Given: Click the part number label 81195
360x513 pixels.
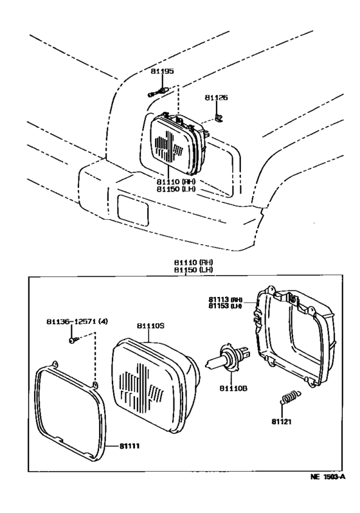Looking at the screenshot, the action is [x=162, y=71].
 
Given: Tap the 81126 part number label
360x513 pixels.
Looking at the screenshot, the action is [x=217, y=98].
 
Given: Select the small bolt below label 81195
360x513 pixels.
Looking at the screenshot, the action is [x=157, y=93].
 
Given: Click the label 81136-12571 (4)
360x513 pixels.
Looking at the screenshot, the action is [x=77, y=321].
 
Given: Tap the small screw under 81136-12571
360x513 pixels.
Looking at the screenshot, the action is [x=73, y=341].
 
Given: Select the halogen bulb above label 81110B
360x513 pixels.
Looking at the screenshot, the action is [x=228, y=357].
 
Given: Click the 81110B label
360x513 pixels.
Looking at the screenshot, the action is [x=233, y=388].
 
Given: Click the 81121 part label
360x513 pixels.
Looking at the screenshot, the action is [x=281, y=422].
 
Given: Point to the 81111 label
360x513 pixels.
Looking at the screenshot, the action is [x=129, y=446].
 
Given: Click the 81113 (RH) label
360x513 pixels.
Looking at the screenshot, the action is [x=225, y=300].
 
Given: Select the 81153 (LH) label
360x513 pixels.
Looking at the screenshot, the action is [x=225, y=306].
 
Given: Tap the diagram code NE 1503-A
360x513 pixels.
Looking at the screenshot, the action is [x=327, y=477].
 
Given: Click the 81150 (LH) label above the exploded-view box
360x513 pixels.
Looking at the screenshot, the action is [x=194, y=269].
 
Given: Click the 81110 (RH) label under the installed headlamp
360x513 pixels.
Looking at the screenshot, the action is [x=175, y=181].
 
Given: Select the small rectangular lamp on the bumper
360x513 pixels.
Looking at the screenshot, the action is [x=133, y=210].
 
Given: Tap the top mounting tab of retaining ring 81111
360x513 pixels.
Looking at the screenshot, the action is [x=55, y=363].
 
